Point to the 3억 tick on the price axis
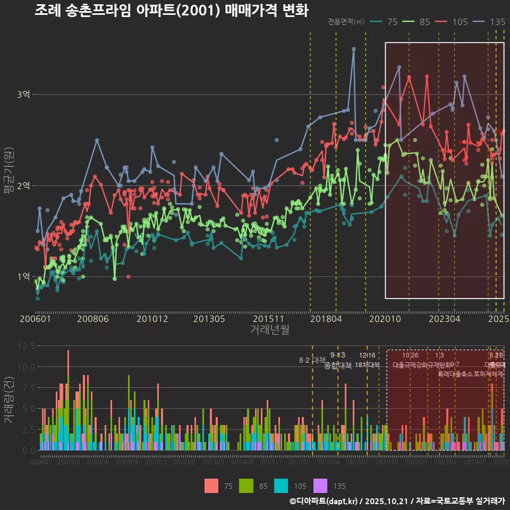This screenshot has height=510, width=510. pyautogui.click(x=23, y=95)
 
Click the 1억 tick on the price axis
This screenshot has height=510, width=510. pyautogui.click(x=23, y=277)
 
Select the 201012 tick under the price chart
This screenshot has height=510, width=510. pyautogui.click(x=152, y=319)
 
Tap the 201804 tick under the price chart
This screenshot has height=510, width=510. pyautogui.click(x=326, y=319)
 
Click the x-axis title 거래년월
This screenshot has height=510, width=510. pyautogui.click(x=269, y=330)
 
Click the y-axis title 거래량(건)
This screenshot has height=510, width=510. pyautogui.click(x=8, y=399)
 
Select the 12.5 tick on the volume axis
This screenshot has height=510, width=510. pyautogui.click(x=27, y=346)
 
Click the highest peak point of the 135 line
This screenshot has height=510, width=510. pyautogui.click(x=354, y=49)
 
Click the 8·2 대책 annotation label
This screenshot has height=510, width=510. pyautogui.click(x=312, y=360)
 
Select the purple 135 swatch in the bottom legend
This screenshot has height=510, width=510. pyautogui.click(x=321, y=486)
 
